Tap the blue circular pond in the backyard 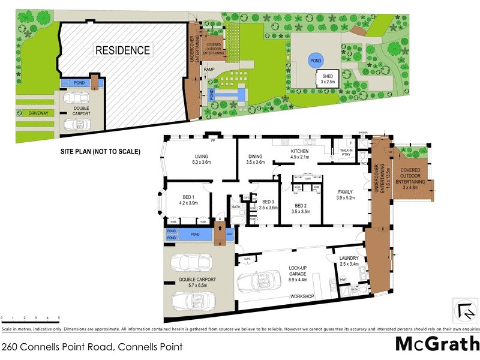pos(314,59)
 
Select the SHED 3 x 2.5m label pos(328,79)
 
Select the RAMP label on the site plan pos(209,70)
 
